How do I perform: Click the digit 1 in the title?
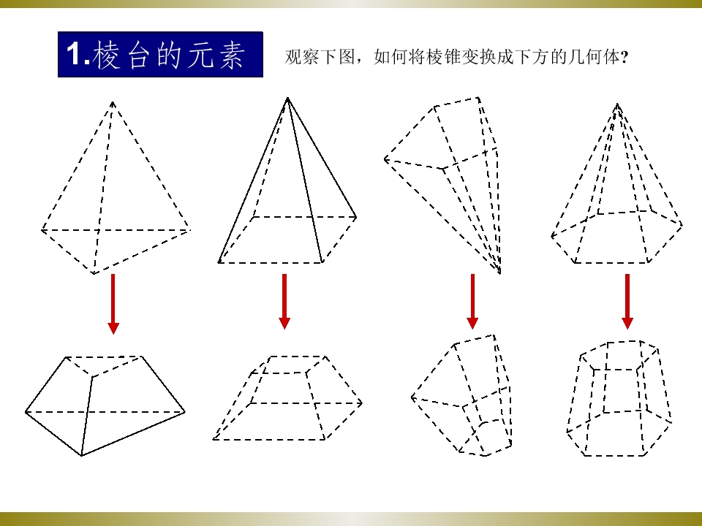click(73, 54)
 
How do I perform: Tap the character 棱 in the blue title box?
click(107, 55)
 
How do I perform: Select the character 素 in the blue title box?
click(232, 55)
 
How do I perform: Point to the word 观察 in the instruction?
click(302, 57)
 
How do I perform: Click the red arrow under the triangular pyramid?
click(113, 304)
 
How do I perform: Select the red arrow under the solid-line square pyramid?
click(284, 302)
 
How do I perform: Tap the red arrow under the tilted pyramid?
click(472, 302)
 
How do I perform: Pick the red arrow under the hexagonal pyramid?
click(627, 302)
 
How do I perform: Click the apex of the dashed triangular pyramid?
click(113, 102)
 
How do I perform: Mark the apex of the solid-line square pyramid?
click(287, 98)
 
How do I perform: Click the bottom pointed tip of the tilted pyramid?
click(499, 271)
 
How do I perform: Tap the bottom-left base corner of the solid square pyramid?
click(219, 262)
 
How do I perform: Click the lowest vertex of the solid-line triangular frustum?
click(81, 456)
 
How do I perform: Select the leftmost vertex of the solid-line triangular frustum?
click(26, 412)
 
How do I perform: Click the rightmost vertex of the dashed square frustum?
click(362, 403)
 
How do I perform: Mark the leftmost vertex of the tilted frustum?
click(412, 397)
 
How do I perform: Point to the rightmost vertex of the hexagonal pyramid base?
click(682, 225)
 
